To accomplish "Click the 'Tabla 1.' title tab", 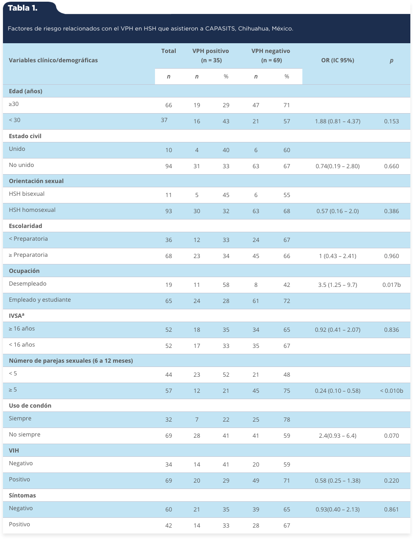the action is (x=22, y=8).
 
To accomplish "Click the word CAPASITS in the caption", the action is (x=220, y=28).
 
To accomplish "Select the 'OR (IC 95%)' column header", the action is (x=338, y=60).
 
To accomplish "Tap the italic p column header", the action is (x=391, y=61).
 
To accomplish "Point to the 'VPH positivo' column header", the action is (x=210, y=51).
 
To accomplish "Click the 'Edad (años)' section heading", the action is (x=25, y=91).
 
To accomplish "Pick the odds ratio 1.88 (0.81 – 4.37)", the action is (x=338, y=121).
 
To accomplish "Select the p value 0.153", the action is (x=391, y=121).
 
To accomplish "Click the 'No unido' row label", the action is (x=21, y=165).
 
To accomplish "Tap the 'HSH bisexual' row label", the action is (x=27, y=194).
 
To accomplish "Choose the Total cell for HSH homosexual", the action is (x=169, y=211).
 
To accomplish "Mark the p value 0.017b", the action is (x=391, y=285).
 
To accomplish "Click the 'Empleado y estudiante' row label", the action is (x=40, y=300).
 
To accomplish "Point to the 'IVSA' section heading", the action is (x=17, y=316).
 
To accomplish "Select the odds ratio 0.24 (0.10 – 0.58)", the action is (x=338, y=391).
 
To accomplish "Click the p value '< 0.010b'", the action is (x=391, y=391).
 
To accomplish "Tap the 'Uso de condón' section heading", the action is (x=30, y=406).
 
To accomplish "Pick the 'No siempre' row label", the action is (x=25, y=434).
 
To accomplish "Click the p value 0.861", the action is (x=391, y=509).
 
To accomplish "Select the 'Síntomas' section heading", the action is (x=22, y=495).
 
